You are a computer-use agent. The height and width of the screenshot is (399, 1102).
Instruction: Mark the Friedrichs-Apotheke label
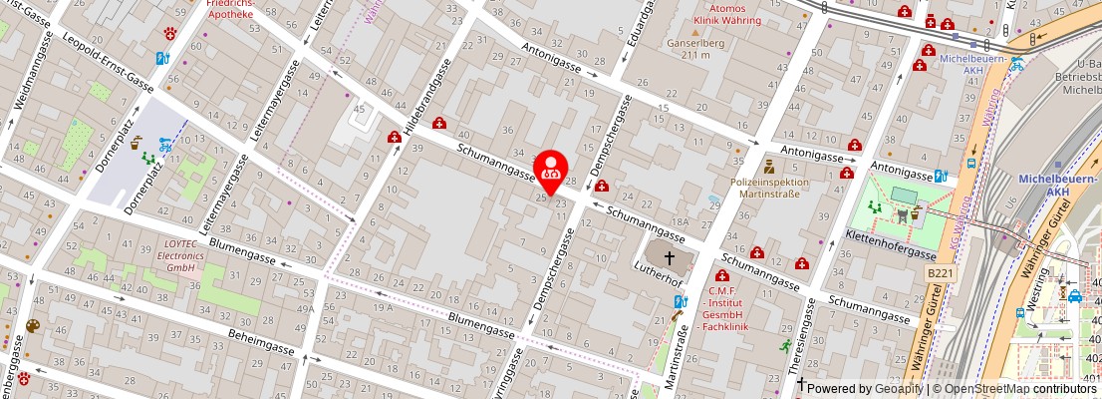coord(230,10)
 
